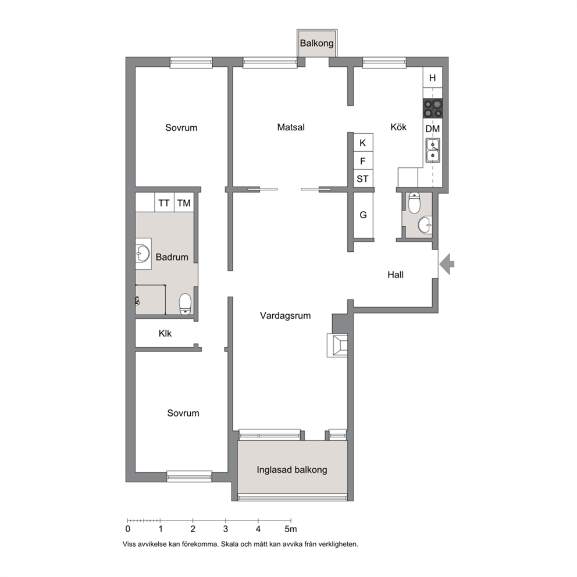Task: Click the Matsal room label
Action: pos(291,127)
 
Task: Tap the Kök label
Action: pos(398,127)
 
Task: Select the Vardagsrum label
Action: pos(285,315)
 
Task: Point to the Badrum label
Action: pos(172,257)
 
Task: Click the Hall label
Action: pos(396,275)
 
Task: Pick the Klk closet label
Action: pos(165,333)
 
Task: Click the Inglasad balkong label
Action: pos(292,470)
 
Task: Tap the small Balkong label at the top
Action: pos(316,43)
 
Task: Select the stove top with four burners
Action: pos(433,109)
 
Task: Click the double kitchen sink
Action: pos(433,151)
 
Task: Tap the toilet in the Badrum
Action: pos(185,304)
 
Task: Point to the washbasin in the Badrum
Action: pos(143,254)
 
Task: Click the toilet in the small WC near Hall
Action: pos(414,204)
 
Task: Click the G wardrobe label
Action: pos(363,215)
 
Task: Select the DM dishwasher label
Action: pos(433,129)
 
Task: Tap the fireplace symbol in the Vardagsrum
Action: pos(337,345)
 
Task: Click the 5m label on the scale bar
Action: pos(290,529)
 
